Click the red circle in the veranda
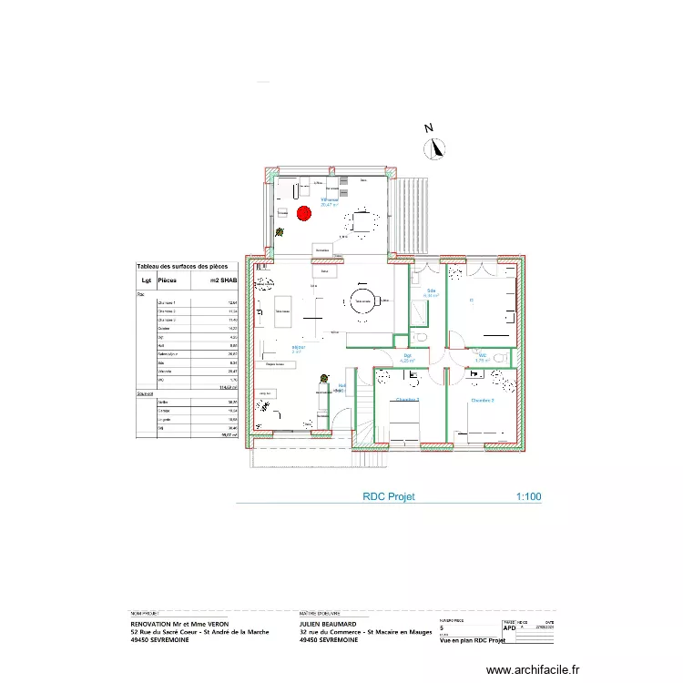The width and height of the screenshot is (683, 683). coord(303,214)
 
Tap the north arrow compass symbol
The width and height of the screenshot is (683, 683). coord(436,146)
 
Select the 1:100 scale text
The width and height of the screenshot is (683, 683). coord(528,497)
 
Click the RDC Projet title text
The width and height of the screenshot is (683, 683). coord(389,497)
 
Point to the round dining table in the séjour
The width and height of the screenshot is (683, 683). coord(362,302)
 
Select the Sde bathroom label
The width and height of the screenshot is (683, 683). coord(431,291)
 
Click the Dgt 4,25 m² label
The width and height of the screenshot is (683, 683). coord(408,358)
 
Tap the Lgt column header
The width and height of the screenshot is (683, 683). coord(145,280)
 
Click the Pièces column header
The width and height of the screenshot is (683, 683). coord(168,280)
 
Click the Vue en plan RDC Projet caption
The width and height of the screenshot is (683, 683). coord(472,641)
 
